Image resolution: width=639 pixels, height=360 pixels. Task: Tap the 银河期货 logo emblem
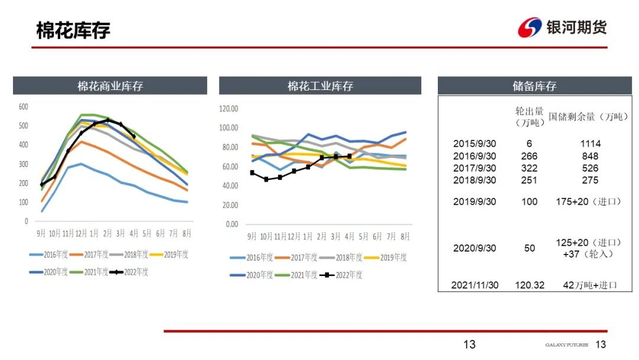530,28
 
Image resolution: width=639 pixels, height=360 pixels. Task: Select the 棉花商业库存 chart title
110,86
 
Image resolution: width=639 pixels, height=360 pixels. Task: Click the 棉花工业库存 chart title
320,86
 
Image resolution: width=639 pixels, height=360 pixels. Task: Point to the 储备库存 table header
534,86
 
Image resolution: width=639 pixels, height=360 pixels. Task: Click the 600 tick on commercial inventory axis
23,107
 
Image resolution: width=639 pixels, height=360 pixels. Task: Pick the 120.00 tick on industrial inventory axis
228,108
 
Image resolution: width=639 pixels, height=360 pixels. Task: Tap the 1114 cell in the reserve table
590,144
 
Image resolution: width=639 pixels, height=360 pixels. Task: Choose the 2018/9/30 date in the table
475,180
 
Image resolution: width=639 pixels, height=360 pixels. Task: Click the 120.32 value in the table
530,285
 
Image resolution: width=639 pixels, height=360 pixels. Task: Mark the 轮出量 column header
530,117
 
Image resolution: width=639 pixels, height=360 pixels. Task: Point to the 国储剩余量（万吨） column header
588,117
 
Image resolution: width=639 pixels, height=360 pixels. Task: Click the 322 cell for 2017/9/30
530,168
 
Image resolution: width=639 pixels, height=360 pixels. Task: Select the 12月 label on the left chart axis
81,233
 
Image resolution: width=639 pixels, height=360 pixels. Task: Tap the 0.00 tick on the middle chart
231,224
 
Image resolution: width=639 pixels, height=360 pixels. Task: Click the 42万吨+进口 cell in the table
590,285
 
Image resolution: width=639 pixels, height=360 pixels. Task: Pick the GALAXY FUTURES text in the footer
567,345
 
